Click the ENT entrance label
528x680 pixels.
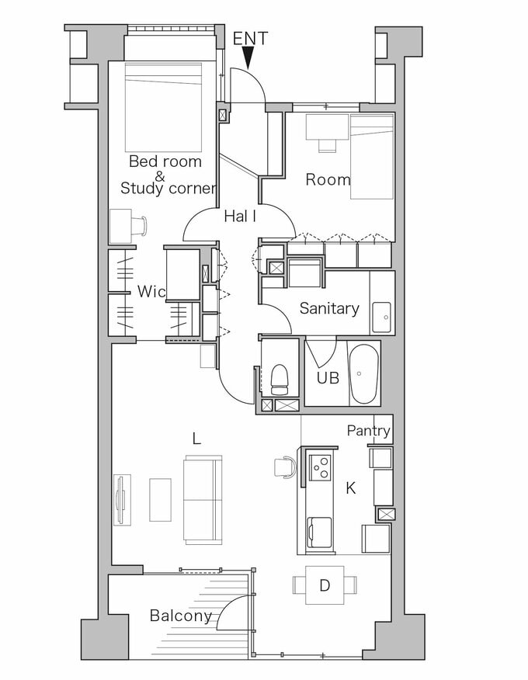pos(250,38)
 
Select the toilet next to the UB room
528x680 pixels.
pos(280,380)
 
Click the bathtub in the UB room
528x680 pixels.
pos(364,374)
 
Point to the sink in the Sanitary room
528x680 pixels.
pos(381,317)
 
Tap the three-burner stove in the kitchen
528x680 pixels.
pos(320,467)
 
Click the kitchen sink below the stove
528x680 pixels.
pos(319,533)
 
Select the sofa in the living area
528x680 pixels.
pos(203,500)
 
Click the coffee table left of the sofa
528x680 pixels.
pos(161,500)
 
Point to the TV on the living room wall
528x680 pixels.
pos(122,500)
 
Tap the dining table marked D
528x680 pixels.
pos(325,585)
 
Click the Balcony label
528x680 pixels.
pos(180,616)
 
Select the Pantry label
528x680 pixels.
pos(368,431)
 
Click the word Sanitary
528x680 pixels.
pos(329,308)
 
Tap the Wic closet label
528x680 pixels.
pos(151,291)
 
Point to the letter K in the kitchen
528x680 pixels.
pos(350,488)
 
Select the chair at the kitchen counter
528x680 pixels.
pos(285,467)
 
